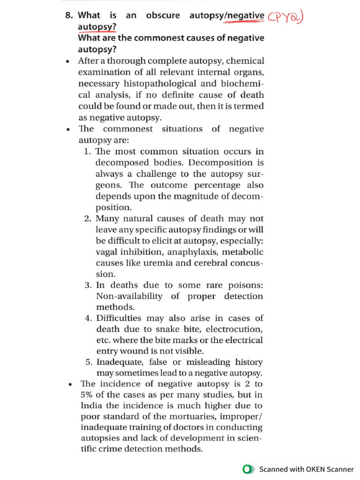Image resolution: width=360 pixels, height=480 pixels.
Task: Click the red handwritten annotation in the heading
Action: (x=286, y=17)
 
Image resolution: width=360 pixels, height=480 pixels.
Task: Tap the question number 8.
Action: (x=69, y=15)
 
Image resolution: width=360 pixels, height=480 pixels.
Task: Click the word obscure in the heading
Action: (x=163, y=15)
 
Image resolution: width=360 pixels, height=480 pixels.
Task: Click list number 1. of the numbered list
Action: (x=88, y=151)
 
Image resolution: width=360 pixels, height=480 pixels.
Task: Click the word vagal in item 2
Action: (x=106, y=252)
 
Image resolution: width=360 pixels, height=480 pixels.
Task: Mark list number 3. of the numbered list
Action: (x=88, y=285)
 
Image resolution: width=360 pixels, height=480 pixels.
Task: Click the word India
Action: (x=90, y=406)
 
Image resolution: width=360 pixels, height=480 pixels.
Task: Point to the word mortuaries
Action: (x=181, y=417)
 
